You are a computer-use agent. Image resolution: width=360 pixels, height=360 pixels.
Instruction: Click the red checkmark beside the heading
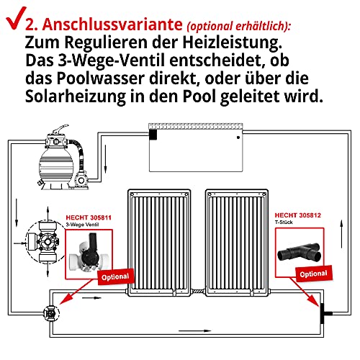pos(16,19)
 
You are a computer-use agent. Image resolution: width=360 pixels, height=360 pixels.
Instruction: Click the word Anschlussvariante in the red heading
pos(112,24)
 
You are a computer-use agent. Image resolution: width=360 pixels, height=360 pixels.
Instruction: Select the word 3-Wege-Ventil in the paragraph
pos(111,61)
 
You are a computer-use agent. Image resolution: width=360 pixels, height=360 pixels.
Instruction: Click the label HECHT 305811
pos(89,217)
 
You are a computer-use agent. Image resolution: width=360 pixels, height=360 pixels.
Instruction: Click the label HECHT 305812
pos(297,215)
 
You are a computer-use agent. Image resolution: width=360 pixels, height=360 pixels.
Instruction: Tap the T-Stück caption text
pos(284,222)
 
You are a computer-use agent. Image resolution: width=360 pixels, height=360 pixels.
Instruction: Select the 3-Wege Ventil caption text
pos(82,225)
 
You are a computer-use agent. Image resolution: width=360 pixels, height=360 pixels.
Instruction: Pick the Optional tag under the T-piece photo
pos(314,274)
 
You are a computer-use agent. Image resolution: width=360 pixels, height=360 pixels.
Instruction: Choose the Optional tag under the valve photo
pos(116,276)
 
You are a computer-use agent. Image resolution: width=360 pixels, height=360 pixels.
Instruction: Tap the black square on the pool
pos(153,135)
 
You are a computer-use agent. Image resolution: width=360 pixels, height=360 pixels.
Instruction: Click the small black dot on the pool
pos(238,138)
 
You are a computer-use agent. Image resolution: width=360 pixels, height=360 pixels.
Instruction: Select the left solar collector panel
pos(159,243)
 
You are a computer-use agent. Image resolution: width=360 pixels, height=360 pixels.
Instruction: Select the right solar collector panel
pos(237,243)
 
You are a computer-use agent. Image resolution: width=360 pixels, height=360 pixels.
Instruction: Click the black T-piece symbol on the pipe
pos(324,313)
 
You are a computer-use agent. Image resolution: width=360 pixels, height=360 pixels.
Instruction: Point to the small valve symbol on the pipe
pos(51,313)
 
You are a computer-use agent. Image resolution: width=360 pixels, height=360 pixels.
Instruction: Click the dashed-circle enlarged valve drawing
pos(45,243)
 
